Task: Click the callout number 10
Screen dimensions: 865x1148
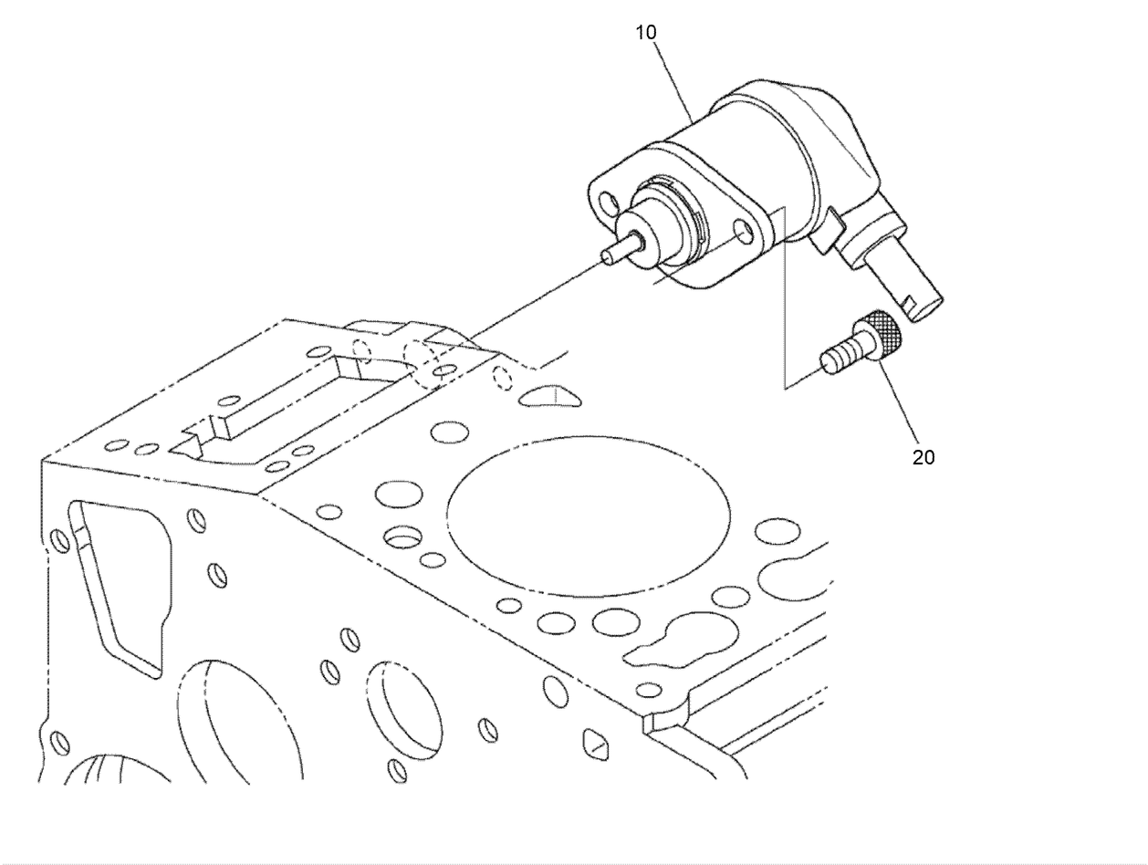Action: [646, 33]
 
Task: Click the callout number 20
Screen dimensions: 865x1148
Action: [924, 457]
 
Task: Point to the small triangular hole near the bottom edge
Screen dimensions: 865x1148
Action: [594, 744]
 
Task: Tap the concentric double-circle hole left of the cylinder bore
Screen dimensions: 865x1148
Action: [400, 537]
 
